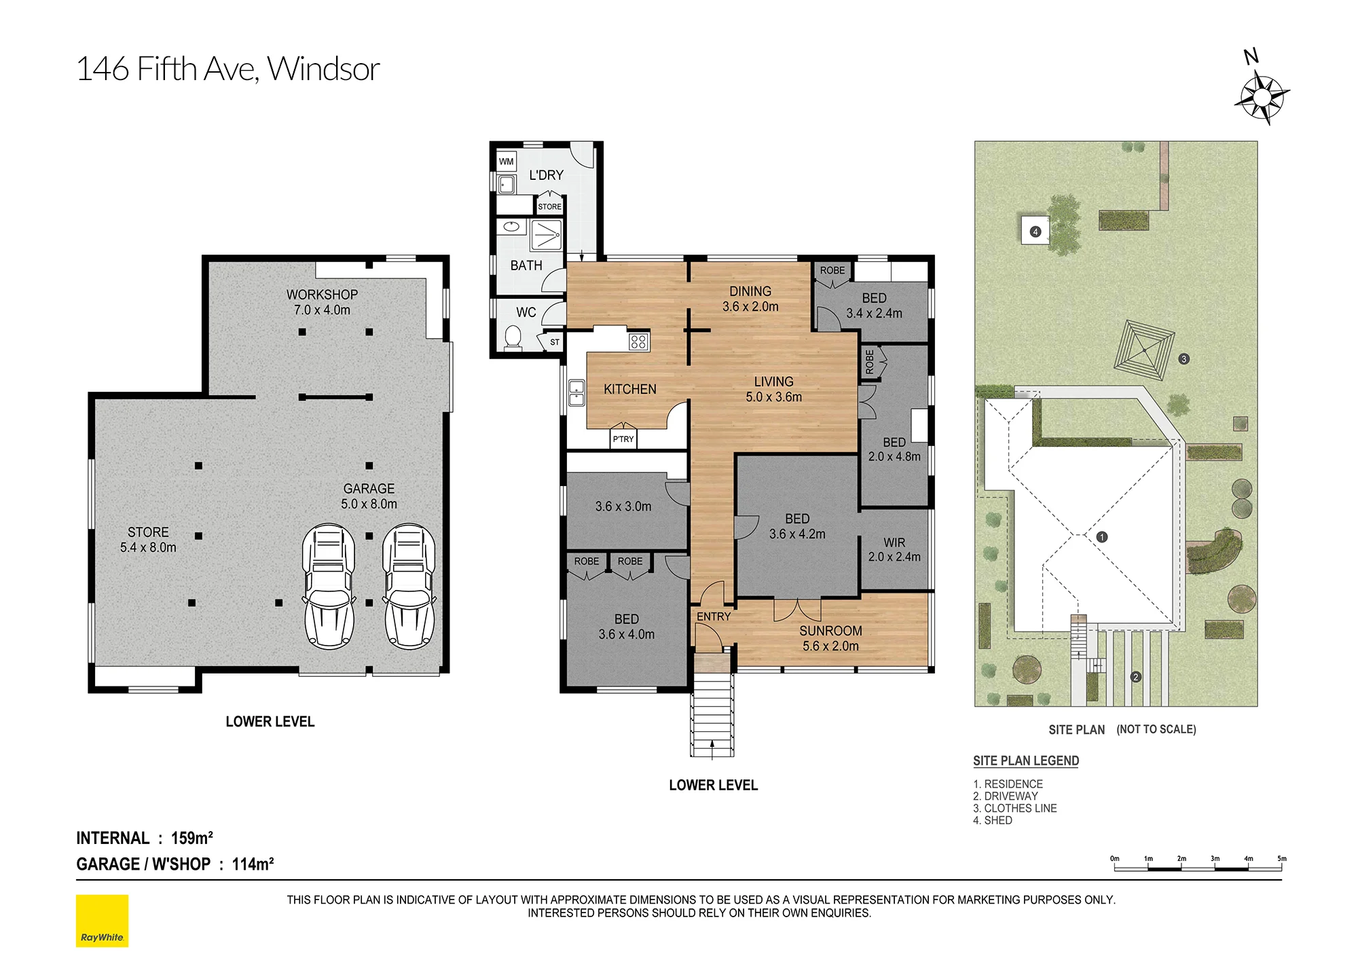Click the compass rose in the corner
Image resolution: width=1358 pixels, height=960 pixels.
coord(1262,98)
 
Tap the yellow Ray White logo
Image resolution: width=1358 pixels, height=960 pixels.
coord(102,921)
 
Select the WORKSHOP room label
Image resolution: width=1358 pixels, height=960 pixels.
coord(322,295)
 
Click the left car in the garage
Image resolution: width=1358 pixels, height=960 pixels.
coord(329,586)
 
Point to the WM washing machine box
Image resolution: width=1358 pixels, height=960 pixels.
coord(507,162)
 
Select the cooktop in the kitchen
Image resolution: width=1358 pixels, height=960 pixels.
coord(638,341)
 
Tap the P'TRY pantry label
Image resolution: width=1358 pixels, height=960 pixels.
coord(623,439)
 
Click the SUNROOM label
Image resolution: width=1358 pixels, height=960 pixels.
coord(830,631)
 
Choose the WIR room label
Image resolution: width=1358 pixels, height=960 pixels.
coord(894,542)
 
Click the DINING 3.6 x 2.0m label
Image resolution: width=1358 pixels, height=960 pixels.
coord(750,299)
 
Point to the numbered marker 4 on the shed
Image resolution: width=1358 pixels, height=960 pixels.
coord(1035,232)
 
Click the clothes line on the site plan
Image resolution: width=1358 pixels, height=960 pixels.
coord(1144,350)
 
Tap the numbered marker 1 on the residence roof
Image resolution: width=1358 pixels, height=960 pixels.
coord(1102,537)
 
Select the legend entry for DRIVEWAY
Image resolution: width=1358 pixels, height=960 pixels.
coord(1006,796)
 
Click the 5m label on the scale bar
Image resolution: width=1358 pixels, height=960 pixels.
coord(1281,859)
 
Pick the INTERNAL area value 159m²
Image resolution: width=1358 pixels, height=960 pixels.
coord(192,838)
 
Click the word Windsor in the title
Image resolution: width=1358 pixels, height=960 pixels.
coord(323,69)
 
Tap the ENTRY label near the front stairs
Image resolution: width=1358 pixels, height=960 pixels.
coord(714,616)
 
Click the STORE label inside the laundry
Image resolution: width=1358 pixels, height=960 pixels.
coord(550,207)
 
